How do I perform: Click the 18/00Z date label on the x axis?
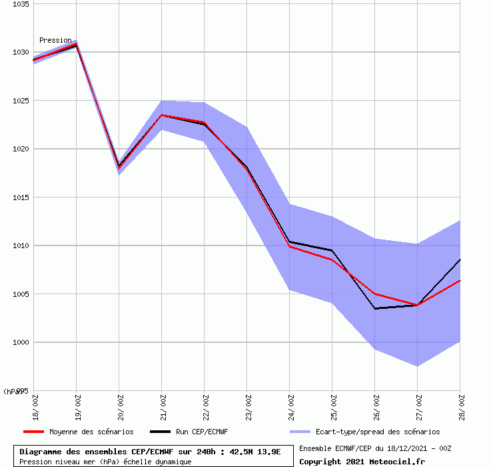35,406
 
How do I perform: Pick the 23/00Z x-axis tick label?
248,406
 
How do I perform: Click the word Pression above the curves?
55,40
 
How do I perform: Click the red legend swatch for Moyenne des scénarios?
33,432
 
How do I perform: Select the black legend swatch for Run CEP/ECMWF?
160,432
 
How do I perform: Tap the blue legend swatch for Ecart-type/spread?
301,432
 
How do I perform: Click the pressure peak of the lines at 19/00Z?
76,45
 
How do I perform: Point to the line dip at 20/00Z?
119,166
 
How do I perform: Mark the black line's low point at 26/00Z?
375,308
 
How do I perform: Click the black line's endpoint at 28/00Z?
459,260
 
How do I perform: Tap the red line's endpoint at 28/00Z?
459,280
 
